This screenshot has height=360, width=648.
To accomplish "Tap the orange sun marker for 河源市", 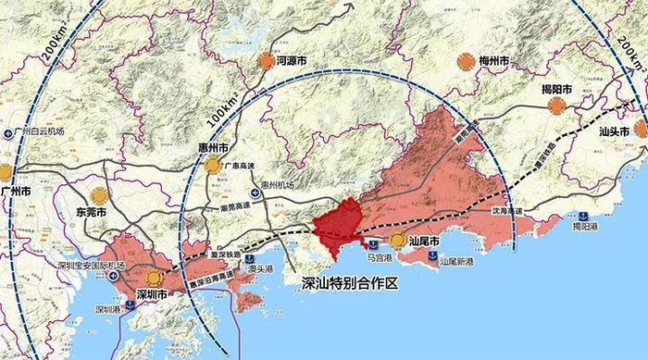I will pyautogui.click(x=266, y=61).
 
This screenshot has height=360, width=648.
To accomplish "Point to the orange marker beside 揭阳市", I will pyautogui.click(x=556, y=106).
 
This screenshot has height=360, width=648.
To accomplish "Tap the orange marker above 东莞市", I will pyautogui.click(x=98, y=195).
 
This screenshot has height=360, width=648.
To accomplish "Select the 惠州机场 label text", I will pyautogui.click(x=276, y=185).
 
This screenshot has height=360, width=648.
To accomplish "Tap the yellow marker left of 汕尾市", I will pyautogui.click(x=398, y=241).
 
